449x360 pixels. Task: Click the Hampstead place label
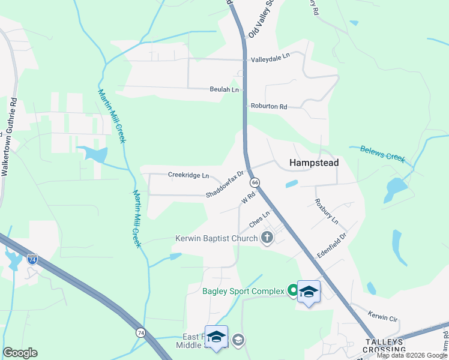(x=314, y=163)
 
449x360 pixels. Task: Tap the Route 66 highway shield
(x=256, y=182)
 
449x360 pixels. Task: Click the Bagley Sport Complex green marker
(x=293, y=291)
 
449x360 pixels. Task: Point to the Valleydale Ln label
(x=270, y=55)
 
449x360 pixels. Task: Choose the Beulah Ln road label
(x=224, y=89)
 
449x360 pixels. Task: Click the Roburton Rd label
(x=269, y=106)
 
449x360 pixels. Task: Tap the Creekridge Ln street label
(x=188, y=176)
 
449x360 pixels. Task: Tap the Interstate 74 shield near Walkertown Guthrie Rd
(x=32, y=260)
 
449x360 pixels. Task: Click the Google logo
(x=20, y=353)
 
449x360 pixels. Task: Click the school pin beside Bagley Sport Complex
(x=309, y=292)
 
